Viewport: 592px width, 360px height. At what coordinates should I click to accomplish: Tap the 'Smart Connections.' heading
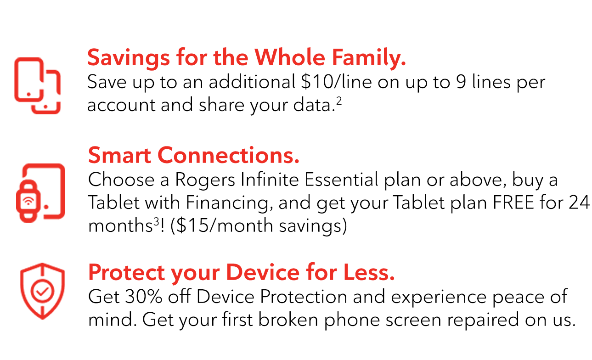click(193, 156)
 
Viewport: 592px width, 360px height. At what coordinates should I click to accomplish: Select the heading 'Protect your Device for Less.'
click(241, 273)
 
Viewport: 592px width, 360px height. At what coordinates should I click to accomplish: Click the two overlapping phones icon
click(37, 86)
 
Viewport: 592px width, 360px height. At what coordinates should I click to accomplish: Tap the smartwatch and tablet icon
click(41, 191)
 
